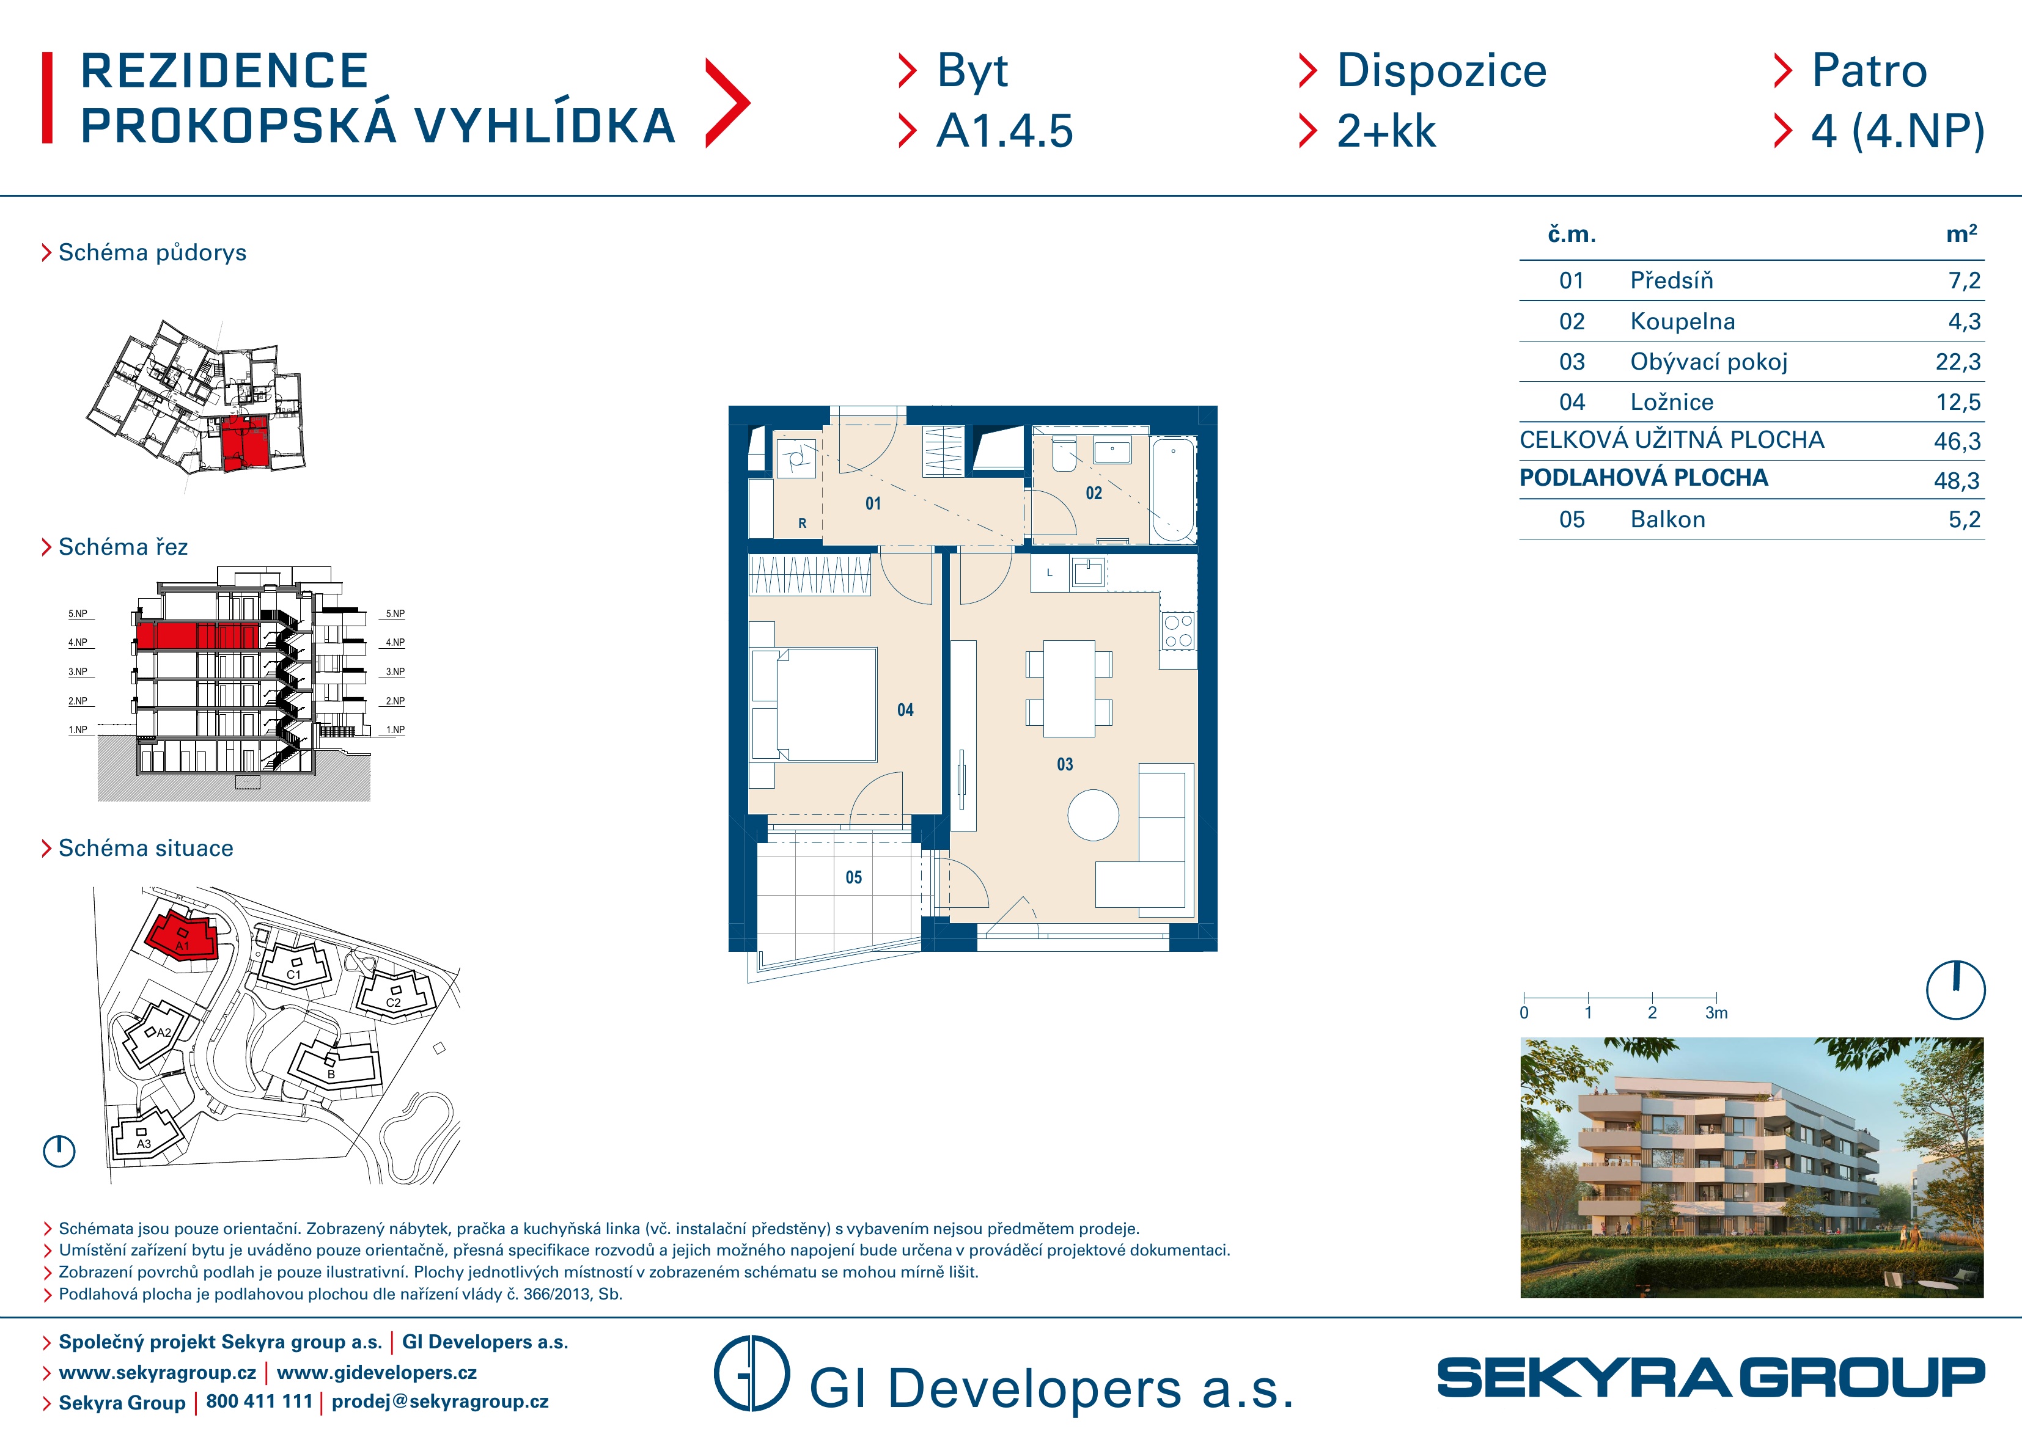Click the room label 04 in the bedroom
(x=905, y=710)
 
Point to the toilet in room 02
(x=1064, y=453)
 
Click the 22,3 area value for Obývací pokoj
(x=1958, y=362)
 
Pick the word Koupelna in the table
(x=1682, y=321)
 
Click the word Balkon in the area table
(x=1667, y=519)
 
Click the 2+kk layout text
(x=1386, y=131)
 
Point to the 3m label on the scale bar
(x=1716, y=1012)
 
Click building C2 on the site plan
(x=394, y=993)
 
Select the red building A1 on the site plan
(x=182, y=935)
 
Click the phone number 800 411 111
(x=259, y=1401)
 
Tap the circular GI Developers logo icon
(x=751, y=1373)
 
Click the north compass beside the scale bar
(x=1955, y=990)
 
